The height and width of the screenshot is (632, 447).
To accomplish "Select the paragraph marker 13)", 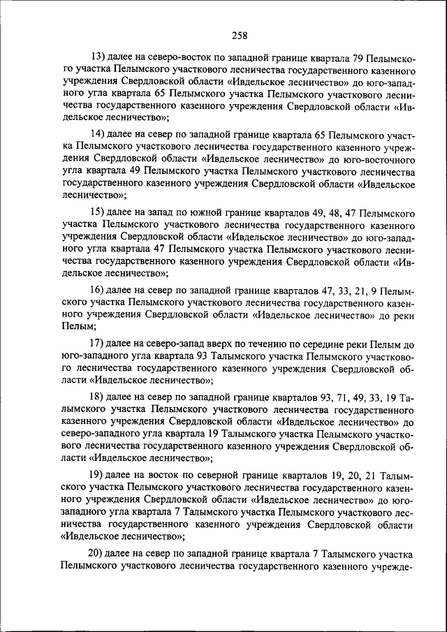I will (101, 58).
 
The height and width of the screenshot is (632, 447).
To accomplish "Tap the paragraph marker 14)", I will (101, 133).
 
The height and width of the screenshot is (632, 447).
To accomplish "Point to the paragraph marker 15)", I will (101, 210).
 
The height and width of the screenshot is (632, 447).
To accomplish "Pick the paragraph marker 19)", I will (101, 473).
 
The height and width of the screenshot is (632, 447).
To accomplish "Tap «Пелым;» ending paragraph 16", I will (78, 326).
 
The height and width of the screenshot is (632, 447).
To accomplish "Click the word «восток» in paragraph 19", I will (168, 473).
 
